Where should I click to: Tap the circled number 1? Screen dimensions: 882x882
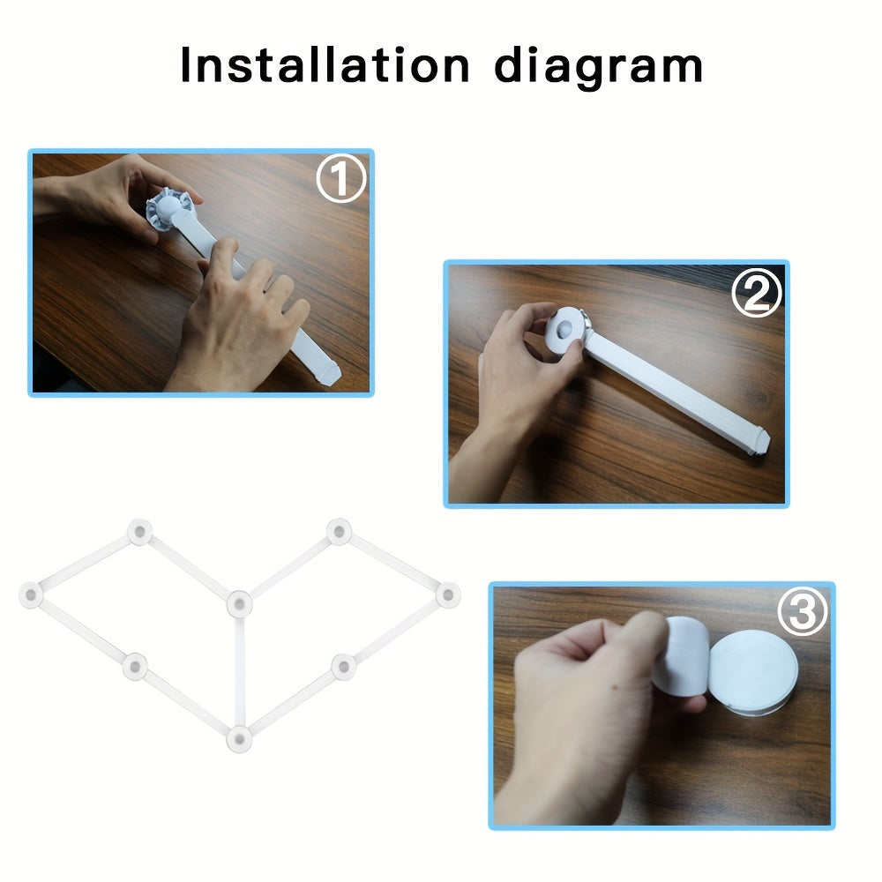pyautogui.click(x=340, y=179)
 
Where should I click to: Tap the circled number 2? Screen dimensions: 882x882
pyautogui.click(x=756, y=295)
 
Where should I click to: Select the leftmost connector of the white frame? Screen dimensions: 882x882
pyautogui.click(x=32, y=595)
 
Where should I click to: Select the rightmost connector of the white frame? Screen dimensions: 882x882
pyautogui.click(x=447, y=595)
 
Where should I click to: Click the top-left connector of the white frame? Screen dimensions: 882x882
pyautogui.click(x=138, y=532)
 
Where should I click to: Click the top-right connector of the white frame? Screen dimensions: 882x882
pyautogui.click(x=339, y=532)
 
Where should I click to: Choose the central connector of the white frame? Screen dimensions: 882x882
pyautogui.click(x=239, y=604)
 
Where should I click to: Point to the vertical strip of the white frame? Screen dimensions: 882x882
pyautogui.click(x=239, y=670)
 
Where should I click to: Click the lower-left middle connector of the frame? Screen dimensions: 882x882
pyautogui.click(x=134, y=666)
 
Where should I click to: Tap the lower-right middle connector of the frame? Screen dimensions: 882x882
pyautogui.click(x=342, y=666)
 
